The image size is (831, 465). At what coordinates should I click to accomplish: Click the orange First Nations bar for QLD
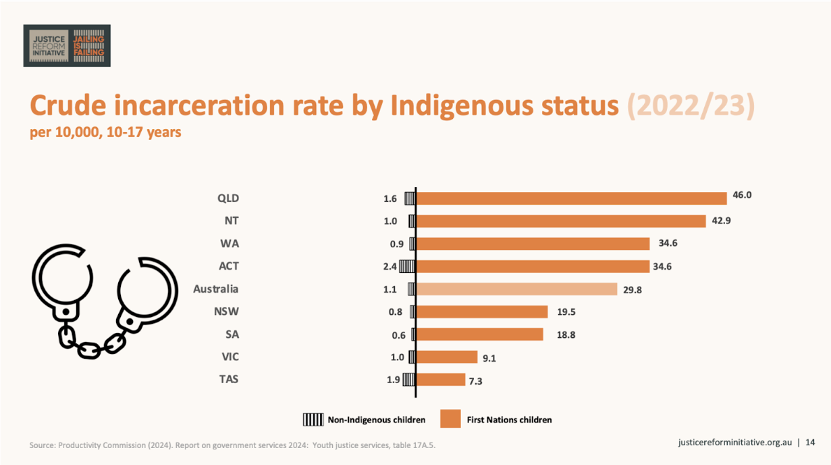pyautogui.click(x=571, y=198)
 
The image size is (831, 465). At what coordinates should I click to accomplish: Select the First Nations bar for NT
pyautogui.click(x=561, y=221)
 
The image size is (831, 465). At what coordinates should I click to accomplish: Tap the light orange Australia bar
pyautogui.click(x=517, y=289)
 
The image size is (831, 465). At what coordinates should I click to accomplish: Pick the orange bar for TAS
pyautogui.click(x=441, y=380)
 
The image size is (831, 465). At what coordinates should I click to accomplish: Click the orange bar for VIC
pyautogui.click(x=447, y=357)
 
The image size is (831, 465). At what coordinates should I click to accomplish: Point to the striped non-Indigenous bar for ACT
pyautogui.click(x=407, y=266)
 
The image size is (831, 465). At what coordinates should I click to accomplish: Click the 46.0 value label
pyautogui.click(x=742, y=195)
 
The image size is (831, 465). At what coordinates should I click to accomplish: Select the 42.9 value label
pyautogui.click(x=721, y=220)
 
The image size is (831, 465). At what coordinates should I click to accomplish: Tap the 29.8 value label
pyautogui.click(x=633, y=290)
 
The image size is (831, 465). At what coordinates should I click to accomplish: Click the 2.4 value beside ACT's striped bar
pyautogui.click(x=390, y=266)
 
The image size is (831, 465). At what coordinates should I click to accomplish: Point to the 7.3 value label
pyautogui.click(x=476, y=381)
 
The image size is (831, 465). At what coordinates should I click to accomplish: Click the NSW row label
pyautogui.click(x=226, y=311)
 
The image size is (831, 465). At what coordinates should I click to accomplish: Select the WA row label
pyautogui.click(x=230, y=243)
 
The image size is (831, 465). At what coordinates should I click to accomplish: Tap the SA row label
pyautogui.click(x=232, y=335)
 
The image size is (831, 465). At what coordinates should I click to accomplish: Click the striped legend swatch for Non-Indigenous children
pyautogui.click(x=313, y=420)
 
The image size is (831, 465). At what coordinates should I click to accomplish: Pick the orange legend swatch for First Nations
pyautogui.click(x=450, y=418)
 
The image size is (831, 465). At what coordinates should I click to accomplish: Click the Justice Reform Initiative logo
pyautogui.click(x=67, y=46)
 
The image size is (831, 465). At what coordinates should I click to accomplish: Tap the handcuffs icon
pyautogui.click(x=105, y=301)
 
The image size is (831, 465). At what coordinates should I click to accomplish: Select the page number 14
pyautogui.click(x=810, y=442)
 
